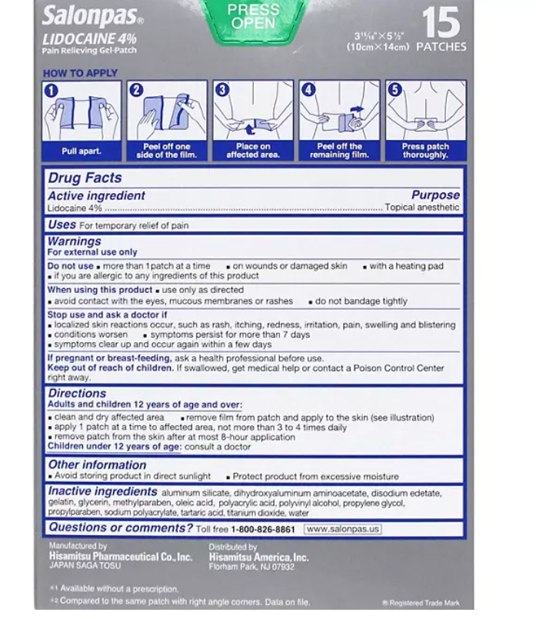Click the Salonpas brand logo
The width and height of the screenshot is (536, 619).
(x=92, y=15)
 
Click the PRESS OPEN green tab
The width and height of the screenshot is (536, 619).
(x=254, y=16)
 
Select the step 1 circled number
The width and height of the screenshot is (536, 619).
(x=52, y=90)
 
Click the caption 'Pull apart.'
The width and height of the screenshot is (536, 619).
(x=81, y=151)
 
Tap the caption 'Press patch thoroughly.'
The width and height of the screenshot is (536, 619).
(x=424, y=151)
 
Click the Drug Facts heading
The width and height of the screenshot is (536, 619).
(x=85, y=178)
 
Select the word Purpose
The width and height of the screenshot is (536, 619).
(x=435, y=195)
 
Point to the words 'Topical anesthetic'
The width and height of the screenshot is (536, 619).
(x=422, y=208)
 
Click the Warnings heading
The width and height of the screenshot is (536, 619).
(x=75, y=241)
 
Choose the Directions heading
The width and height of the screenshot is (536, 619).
(x=77, y=394)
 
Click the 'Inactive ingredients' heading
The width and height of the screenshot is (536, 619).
(x=102, y=491)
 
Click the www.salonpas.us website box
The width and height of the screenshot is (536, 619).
(x=343, y=529)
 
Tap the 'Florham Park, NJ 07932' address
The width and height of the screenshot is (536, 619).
(x=251, y=566)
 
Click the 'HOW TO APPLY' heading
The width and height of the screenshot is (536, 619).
(x=81, y=73)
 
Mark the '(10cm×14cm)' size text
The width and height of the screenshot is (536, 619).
(x=378, y=47)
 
